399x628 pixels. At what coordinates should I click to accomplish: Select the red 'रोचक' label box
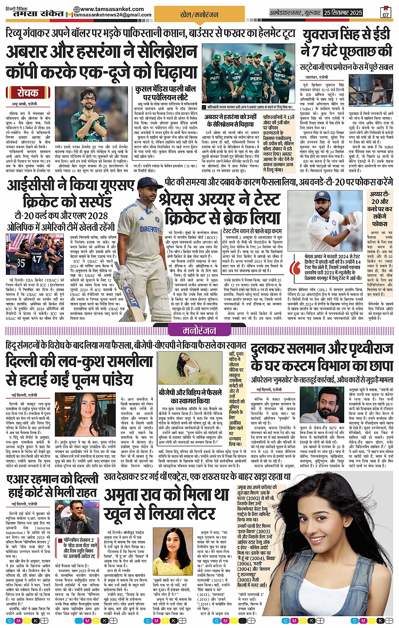pyautogui.click(x=28, y=92)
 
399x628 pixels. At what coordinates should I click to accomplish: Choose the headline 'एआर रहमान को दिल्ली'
pyautogui.click(x=53, y=480)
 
